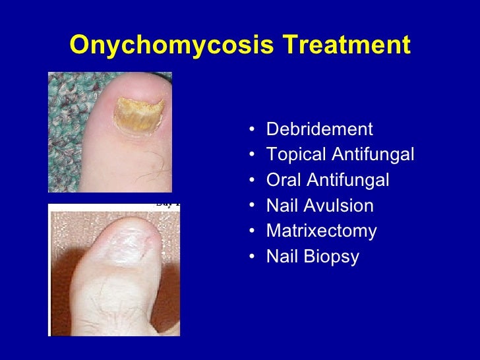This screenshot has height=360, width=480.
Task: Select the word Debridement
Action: (x=319, y=129)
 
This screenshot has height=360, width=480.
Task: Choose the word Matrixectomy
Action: (x=321, y=231)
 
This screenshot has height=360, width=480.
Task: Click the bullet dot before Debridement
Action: (x=255, y=129)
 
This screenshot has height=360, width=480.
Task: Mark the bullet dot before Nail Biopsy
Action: (x=255, y=258)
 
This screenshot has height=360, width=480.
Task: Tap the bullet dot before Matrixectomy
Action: (x=255, y=232)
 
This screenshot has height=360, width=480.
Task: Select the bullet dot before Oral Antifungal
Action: (x=255, y=181)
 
